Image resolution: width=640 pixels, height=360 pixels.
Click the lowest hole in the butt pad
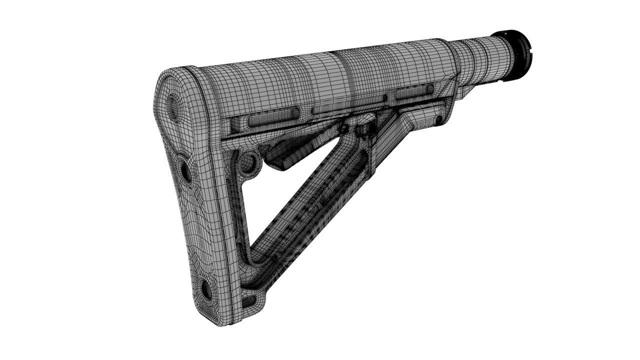pos(205,289)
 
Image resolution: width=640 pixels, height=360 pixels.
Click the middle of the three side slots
pos(345,106)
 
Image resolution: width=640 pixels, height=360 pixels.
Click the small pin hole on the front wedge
pos(438,120)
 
